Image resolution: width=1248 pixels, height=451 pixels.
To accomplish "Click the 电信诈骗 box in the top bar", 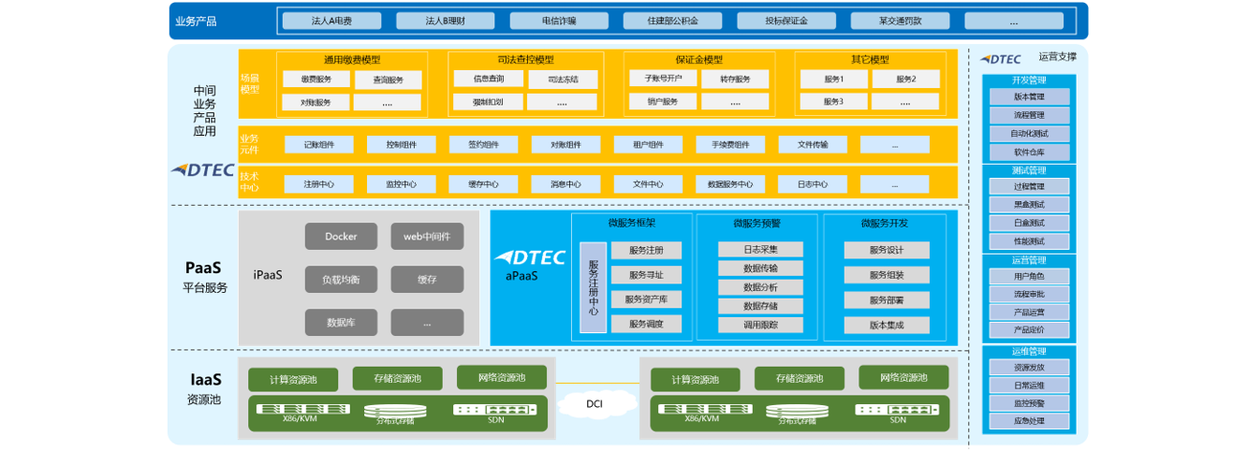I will coord(559,21).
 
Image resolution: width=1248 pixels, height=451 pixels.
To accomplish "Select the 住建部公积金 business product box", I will coord(673,21).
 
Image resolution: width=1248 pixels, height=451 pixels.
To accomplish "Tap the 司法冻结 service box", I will coord(563,80).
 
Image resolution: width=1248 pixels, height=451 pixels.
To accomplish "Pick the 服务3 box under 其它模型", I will coord(833,101).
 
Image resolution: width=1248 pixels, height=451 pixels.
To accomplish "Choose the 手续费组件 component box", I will coord(730,145).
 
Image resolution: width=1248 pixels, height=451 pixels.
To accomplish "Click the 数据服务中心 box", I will coord(730,184).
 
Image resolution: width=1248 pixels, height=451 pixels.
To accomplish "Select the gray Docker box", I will coord(341,237).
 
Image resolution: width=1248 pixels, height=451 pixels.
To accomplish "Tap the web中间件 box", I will coord(427,237).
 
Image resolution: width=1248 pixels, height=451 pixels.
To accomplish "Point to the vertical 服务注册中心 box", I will coord(593,287).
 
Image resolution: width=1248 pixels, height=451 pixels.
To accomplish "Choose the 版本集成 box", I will coord(886,325).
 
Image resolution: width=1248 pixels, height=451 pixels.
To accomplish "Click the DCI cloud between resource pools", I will coord(595,404).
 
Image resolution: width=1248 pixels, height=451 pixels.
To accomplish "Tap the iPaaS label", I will coord(268,275).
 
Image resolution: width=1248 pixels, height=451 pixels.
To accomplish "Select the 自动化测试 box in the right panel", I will coord(1029,134).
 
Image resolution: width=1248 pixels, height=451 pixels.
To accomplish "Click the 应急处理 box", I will coord(1029,421).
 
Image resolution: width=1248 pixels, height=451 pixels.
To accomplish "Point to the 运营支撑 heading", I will coord(1057,58).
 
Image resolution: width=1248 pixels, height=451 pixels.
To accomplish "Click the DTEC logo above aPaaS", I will coord(529,257).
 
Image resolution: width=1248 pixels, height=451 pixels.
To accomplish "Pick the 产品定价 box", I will coord(1029,330).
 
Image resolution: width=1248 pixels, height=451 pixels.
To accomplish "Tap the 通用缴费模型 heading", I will coord(352,60).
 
